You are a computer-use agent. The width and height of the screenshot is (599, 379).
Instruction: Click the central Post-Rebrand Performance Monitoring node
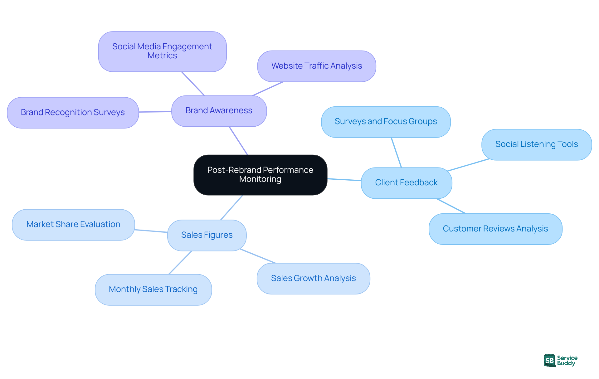[260, 175]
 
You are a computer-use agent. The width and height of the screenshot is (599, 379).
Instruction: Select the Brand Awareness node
[219, 111]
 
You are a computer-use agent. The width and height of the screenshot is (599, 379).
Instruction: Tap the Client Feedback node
[406, 183]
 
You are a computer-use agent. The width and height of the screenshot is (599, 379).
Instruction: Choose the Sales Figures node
[207, 235]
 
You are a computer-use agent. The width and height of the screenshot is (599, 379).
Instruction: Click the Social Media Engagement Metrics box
[162, 51]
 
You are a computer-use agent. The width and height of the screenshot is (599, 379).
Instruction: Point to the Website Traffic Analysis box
[316, 66]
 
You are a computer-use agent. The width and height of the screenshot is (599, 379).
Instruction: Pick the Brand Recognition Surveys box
[73, 113]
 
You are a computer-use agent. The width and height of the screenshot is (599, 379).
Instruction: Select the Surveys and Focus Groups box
[386, 122]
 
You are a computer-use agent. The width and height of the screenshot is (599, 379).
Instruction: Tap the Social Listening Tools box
[536, 144]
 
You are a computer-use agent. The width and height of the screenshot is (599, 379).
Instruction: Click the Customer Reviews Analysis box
[495, 229]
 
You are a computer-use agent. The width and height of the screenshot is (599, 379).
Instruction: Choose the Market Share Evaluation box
[73, 225]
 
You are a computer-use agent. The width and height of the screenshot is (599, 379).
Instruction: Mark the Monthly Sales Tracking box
[153, 289]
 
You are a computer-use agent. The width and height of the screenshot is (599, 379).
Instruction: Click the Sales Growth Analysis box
[313, 279]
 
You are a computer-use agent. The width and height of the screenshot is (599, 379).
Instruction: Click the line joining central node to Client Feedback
[344, 179]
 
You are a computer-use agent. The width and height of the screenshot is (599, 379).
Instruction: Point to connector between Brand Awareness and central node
[238, 140]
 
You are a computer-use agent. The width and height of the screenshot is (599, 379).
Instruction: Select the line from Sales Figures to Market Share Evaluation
[151, 231]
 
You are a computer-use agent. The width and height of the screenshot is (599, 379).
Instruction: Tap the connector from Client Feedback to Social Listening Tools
[468, 165]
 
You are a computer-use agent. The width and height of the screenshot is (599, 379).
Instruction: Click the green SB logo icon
[550, 361]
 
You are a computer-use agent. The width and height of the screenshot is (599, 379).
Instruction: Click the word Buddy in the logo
[566, 363]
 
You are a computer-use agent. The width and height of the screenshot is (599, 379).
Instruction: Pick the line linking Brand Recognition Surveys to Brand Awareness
[155, 112]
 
